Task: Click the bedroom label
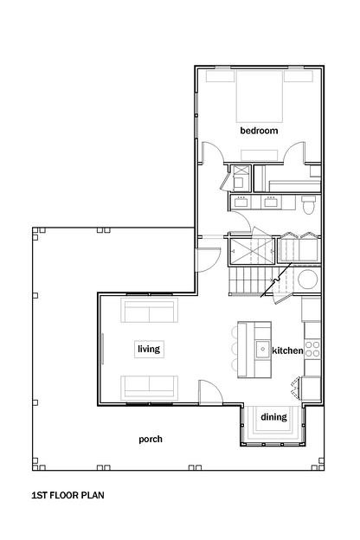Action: tap(259, 131)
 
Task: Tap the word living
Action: tap(149, 349)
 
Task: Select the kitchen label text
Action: tap(287, 350)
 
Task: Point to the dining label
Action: tap(273, 417)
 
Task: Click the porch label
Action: tap(151, 440)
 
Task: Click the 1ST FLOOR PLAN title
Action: tap(67, 495)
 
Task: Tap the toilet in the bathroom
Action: tap(308, 204)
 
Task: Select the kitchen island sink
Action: tap(263, 350)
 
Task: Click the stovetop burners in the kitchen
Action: tap(312, 349)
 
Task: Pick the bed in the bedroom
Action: tap(259, 96)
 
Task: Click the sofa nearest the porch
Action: tap(149, 388)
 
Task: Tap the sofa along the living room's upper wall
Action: tap(149, 310)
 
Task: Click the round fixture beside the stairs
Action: tap(308, 279)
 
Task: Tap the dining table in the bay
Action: tap(273, 421)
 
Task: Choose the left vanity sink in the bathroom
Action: tap(240, 202)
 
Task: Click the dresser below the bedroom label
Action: tap(260, 155)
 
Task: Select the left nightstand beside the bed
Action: tap(221, 76)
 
